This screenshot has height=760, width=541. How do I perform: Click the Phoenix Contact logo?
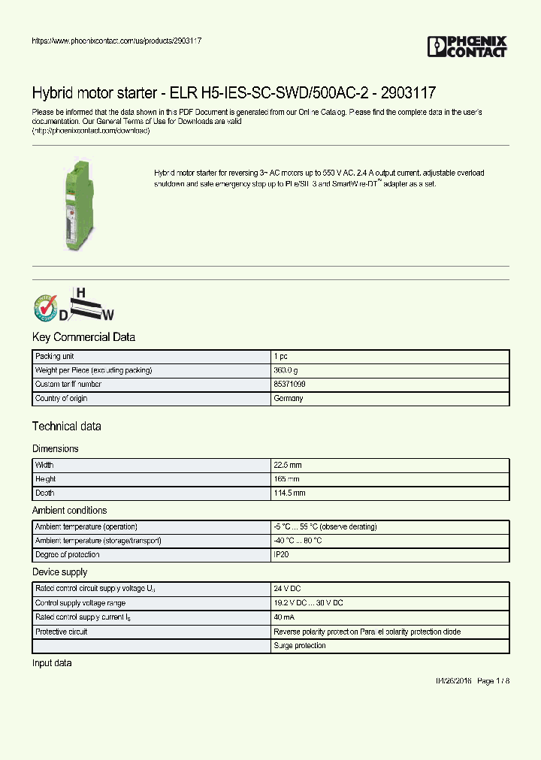(467, 47)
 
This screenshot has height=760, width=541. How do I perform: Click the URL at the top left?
(116, 41)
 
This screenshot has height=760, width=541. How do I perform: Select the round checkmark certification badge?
(44, 307)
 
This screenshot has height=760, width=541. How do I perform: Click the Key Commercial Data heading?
(83, 337)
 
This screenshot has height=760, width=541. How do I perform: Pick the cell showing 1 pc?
(280, 356)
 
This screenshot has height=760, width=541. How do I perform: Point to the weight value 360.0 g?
(286, 370)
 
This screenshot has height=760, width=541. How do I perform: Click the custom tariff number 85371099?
(289, 384)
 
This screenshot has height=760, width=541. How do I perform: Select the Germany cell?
(289, 398)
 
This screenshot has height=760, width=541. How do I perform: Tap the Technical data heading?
(66, 427)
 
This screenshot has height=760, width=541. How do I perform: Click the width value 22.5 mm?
(289, 465)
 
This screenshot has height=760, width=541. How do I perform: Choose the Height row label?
(46, 479)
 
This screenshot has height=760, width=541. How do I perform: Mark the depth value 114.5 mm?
(289, 493)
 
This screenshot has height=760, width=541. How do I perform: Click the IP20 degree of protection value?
(281, 554)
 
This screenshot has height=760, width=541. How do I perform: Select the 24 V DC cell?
(287, 589)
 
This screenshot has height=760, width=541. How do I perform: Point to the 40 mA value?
(284, 617)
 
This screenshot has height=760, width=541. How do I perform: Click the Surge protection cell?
(300, 646)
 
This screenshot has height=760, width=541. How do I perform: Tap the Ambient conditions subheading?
(69, 511)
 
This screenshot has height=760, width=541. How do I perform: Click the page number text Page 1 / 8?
(493, 680)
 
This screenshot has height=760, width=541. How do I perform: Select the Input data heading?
(52, 663)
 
